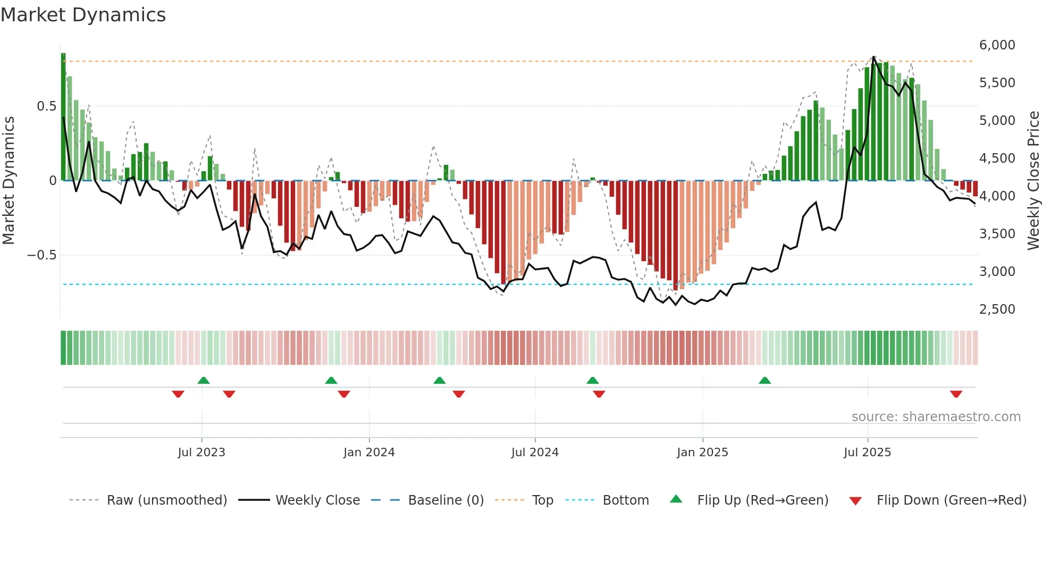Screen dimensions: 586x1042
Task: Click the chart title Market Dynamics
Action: pyautogui.click(x=83, y=15)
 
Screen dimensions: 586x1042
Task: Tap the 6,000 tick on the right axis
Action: pyautogui.click(x=997, y=45)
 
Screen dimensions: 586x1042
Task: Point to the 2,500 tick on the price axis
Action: pyautogui.click(x=997, y=309)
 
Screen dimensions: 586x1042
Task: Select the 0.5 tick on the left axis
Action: pyautogui.click(x=46, y=106)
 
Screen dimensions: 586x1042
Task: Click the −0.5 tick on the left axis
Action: pyautogui.click(x=41, y=255)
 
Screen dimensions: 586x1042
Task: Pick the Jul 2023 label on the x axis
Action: pyautogui.click(x=201, y=453)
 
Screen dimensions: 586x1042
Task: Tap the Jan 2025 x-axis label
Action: pyautogui.click(x=702, y=453)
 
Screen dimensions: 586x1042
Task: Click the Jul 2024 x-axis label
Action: pyautogui.click(x=535, y=453)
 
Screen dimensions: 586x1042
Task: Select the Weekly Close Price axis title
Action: pyautogui.click(x=1033, y=181)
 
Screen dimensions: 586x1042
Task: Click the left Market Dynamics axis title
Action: pyautogui.click(x=9, y=181)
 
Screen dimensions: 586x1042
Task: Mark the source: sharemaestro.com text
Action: pyautogui.click(x=936, y=417)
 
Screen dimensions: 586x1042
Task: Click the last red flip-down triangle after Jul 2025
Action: pyautogui.click(x=956, y=394)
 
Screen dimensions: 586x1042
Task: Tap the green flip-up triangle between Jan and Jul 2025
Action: pyautogui.click(x=764, y=380)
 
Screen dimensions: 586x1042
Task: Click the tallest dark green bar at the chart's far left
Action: pyautogui.click(x=63, y=117)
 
